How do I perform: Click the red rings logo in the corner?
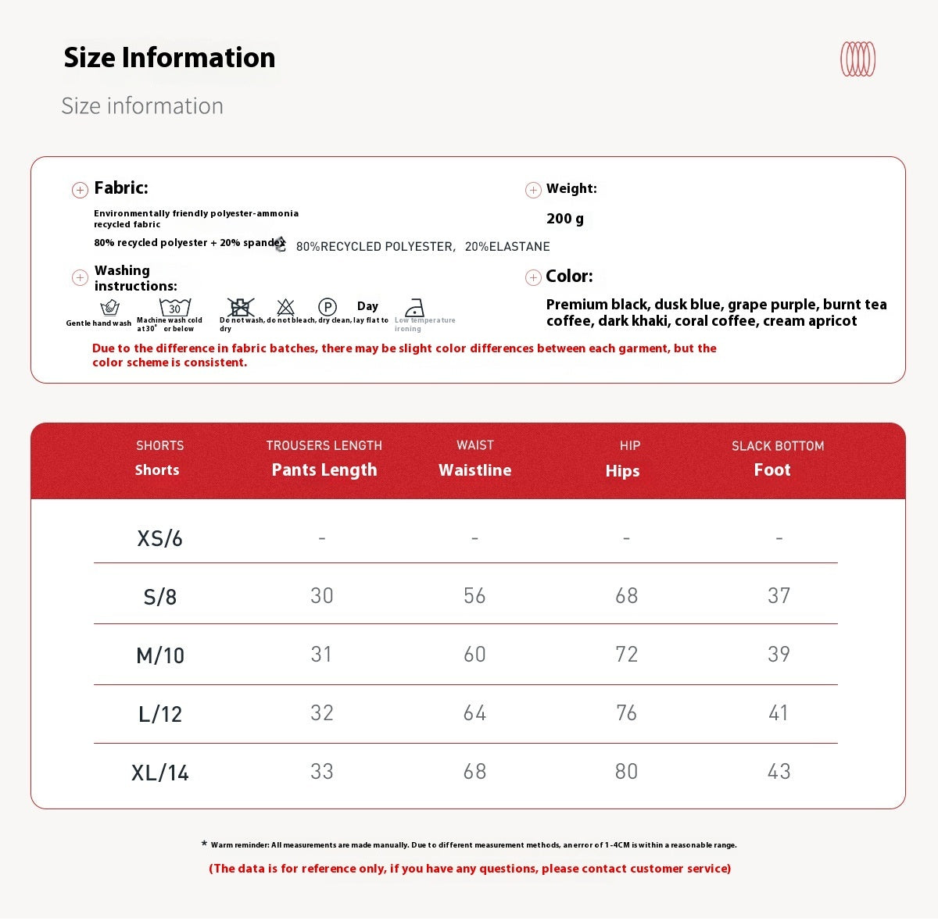click(x=857, y=59)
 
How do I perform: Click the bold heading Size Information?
click(x=169, y=58)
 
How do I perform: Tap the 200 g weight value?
click(x=565, y=219)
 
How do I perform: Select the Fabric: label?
click(x=121, y=187)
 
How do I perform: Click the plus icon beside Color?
click(x=533, y=277)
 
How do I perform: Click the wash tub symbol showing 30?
click(x=174, y=307)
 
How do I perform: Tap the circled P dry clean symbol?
click(x=327, y=307)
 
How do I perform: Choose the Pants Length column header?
click(x=324, y=469)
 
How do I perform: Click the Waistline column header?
click(x=474, y=469)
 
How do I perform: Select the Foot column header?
click(x=772, y=469)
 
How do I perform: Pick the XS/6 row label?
click(x=159, y=538)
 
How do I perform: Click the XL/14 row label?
click(x=159, y=773)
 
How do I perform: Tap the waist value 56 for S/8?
click(x=474, y=595)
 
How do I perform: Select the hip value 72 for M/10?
click(x=626, y=654)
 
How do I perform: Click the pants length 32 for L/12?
click(x=322, y=712)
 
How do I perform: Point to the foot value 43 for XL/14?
click(x=779, y=771)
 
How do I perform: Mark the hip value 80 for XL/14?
click(x=626, y=771)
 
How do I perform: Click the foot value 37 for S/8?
click(x=779, y=595)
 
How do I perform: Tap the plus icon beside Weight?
click(x=533, y=190)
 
